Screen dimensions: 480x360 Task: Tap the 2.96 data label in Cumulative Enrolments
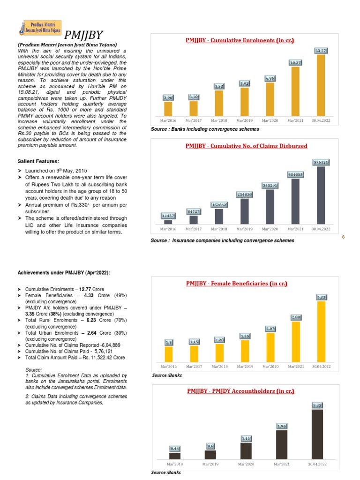(x=168, y=97)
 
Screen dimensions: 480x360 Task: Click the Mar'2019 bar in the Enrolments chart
(x=244, y=101)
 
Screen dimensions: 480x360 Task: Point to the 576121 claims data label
(x=321, y=162)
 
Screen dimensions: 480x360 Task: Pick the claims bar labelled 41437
(x=168, y=222)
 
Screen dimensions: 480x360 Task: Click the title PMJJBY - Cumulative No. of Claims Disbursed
(x=247, y=146)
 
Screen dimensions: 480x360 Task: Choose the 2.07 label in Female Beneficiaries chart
(x=270, y=329)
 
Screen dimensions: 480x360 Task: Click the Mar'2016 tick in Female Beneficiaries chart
(x=168, y=366)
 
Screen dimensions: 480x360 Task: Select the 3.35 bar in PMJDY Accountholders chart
(x=317, y=434)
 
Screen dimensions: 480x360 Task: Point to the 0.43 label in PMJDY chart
(x=175, y=449)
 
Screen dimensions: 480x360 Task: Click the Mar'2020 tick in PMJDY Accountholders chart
(x=246, y=464)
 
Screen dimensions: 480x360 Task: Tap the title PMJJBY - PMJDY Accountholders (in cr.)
(x=241, y=390)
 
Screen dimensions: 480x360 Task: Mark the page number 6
(x=343, y=237)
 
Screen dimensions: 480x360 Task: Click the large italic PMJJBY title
(x=83, y=35)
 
